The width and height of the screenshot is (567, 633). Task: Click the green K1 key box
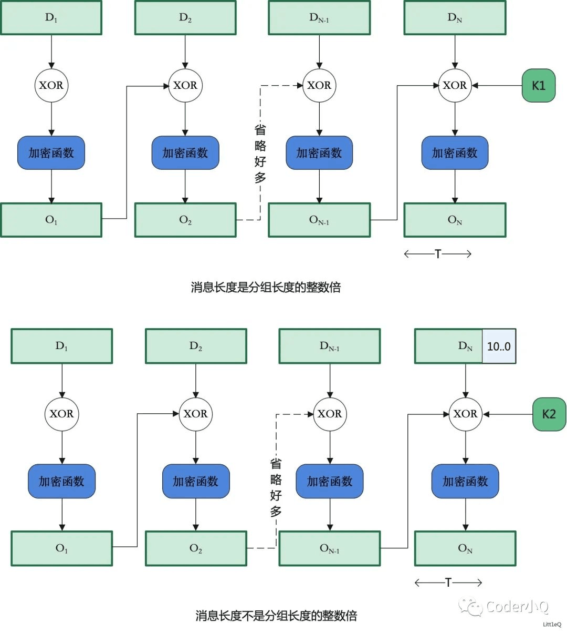coord(538,85)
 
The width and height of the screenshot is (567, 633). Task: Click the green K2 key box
coord(549,414)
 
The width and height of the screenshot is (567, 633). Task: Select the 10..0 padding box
coord(499,346)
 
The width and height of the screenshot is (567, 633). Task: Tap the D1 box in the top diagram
coord(51,18)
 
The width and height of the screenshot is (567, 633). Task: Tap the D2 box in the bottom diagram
coord(196,346)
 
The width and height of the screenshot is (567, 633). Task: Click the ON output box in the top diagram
coord(455,220)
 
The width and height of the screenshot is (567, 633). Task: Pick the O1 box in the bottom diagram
coord(61,548)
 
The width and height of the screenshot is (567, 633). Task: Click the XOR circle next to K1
coord(455,85)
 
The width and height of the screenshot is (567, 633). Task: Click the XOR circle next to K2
coord(465,414)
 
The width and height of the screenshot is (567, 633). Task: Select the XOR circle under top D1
coord(51,85)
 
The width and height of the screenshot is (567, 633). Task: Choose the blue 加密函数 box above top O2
coord(185,153)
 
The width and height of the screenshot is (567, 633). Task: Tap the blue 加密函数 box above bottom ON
coord(465,481)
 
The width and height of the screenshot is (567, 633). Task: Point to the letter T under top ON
coord(438,254)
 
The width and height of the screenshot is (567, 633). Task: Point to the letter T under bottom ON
coord(448,582)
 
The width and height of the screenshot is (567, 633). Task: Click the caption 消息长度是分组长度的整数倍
coord(266,287)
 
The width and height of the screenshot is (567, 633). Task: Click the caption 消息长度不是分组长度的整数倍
coord(276,616)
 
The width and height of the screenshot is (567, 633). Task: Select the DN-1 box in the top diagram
coord(319,18)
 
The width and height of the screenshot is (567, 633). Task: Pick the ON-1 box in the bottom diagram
coord(329,548)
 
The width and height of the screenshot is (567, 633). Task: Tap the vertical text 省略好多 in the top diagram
coord(260,154)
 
